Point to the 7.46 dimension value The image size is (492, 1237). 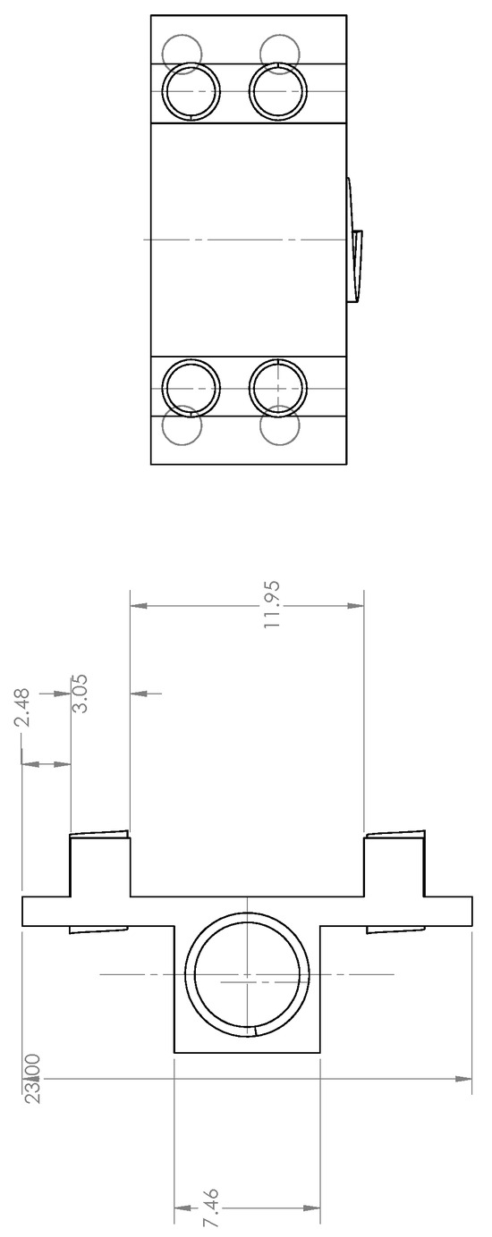(x=211, y=1208)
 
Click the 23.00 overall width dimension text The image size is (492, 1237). (x=32, y=1079)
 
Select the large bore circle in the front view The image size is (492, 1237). (x=247, y=975)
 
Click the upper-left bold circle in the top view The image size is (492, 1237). (x=191, y=91)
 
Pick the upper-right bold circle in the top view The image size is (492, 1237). (x=278, y=91)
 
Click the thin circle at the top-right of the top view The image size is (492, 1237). (x=279, y=53)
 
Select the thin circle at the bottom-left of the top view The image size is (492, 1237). (x=183, y=425)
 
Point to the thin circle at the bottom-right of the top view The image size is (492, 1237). (x=279, y=425)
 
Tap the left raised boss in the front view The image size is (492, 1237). (x=100, y=865)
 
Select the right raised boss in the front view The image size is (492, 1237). (x=394, y=865)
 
